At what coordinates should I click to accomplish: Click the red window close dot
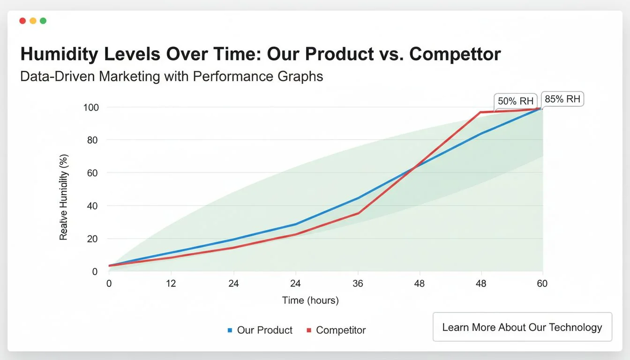tap(22, 21)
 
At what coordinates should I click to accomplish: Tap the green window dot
tap(43, 21)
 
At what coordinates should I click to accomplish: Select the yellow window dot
tap(33, 21)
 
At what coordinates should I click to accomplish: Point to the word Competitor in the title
tap(455, 54)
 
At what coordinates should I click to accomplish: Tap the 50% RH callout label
tap(515, 101)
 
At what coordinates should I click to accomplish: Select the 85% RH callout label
tap(562, 99)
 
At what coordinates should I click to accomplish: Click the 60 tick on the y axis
tap(93, 173)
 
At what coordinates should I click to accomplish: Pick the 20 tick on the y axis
tap(93, 239)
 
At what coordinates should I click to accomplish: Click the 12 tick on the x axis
tap(171, 284)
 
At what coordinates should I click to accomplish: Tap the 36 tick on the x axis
tap(358, 284)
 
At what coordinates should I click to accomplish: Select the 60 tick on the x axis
tap(542, 284)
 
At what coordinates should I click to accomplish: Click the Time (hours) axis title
tap(310, 300)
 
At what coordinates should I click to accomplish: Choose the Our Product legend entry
tap(260, 330)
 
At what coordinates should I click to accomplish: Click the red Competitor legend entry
tap(336, 330)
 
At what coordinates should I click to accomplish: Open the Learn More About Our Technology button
tap(522, 327)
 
